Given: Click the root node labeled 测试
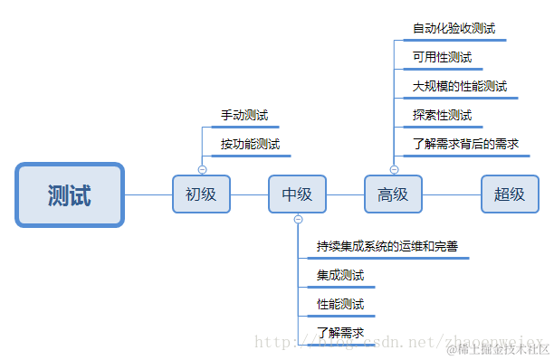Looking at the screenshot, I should (69, 194).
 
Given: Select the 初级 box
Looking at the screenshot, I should (201, 194).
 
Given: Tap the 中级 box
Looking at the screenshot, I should (297, 194).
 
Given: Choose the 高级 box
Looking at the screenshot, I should (393, 194).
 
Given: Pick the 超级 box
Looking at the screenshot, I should (510, 194).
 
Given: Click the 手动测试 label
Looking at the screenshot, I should (244, 116).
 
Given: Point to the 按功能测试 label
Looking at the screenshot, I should (250, 144).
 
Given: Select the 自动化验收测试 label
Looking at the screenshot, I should (454, 29).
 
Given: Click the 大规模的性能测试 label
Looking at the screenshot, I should (459, 87).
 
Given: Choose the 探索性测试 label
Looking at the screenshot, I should (442, 116).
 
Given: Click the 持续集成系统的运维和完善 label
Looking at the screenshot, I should (392, 246).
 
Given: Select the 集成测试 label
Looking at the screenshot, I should (339, 275).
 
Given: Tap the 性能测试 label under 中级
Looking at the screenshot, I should (339, 304).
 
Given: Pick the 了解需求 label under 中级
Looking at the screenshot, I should (339, 333).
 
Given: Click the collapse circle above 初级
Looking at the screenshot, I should (202, 169).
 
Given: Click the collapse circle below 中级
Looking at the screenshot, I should (298, 220).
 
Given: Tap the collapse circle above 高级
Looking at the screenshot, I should (394, 169).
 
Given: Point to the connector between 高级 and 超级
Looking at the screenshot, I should (451, 194).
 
